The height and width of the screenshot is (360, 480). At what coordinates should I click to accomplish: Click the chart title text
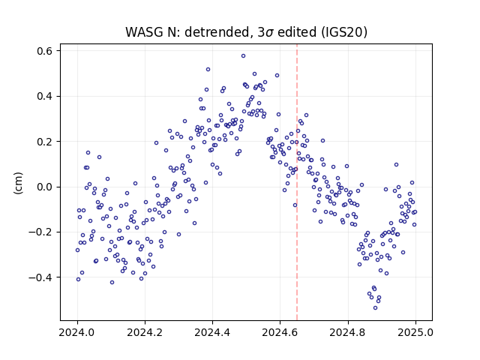[246, 32]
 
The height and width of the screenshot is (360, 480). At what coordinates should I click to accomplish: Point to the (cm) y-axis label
[18, 183]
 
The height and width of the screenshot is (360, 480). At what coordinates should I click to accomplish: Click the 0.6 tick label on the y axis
[45, 51]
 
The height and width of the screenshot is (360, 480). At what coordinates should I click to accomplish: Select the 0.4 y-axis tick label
[45, 96]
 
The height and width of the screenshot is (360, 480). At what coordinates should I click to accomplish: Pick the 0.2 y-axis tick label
[45, 142]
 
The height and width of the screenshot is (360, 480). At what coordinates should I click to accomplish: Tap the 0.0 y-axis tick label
[45, 187]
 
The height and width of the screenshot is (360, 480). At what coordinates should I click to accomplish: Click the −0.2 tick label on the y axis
[40, 232]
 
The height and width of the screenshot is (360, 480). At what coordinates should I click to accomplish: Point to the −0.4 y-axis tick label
[40, 277]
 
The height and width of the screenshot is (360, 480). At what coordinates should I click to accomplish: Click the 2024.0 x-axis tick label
[77, 332]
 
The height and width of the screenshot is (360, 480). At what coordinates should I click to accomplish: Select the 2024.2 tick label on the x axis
[145, 332]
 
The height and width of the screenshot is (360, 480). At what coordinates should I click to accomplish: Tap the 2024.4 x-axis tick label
[212, 332]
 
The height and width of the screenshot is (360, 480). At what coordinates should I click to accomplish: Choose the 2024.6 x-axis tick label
[280, 332]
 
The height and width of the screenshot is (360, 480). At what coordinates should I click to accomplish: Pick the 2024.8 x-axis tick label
[348, 332]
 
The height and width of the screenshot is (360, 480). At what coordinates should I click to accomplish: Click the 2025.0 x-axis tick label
[415, 332]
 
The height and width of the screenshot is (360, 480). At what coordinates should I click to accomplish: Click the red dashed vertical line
[297, 182]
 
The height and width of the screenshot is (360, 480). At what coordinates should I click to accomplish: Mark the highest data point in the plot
[243, 56]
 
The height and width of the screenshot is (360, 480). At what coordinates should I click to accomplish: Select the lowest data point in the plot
[375, 308]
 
